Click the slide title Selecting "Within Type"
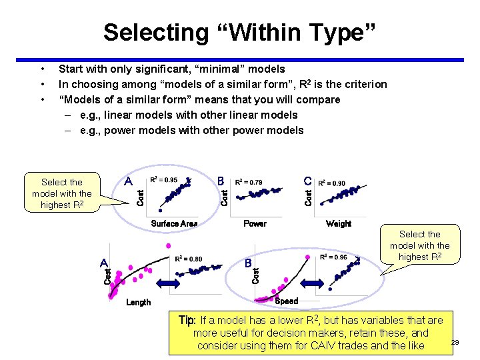pyautogui.click(x=240, y=32)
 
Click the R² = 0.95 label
pyautogui.click(x=164, y=180)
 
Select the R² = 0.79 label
pyautogui.click(x=249, y=182)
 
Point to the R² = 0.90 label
pyautogui.click(x=331, y=183)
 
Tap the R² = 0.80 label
pyautogui.click(x=188, y=259)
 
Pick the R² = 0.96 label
pyautogui.click(x=333, y=257)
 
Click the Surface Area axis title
pyautogui.click(x=174, y=223)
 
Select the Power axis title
pyautogui.click(x=255, y=223)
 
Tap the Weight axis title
pyautogui.click(x=339, y=223)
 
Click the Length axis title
pyautogui.click(x=139, y=302)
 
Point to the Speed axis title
pyautogui.click(x=287, y=301)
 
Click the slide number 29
pyautogui.click(x=455, y=343)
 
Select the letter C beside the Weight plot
pyautogui.click(x=307, y=181)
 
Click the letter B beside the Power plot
pyautogui.click(x=221, y=181)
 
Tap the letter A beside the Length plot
pyautogui.click(x=104, y=262)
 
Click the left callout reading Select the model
pyautogui.click(x=62, y=193)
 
